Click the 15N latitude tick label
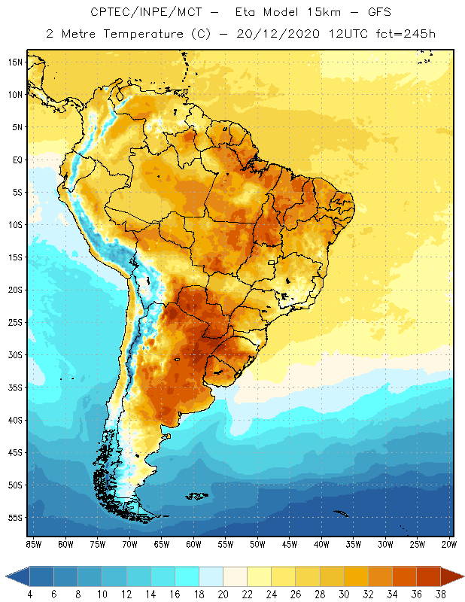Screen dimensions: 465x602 point(15,62)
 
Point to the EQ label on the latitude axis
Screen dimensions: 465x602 point(17,160)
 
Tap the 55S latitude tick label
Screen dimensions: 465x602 point(15,518)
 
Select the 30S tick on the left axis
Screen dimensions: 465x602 point(15,354)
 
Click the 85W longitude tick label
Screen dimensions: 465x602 point(33,544)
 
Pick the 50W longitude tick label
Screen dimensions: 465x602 point(257,544)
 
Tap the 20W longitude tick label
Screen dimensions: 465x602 point(449,544)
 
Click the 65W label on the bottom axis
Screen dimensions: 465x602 point(161,544)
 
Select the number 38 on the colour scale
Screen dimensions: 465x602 point(440,594)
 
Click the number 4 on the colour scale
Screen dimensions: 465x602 point(30,594)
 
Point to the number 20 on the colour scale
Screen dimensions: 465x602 point(223,594)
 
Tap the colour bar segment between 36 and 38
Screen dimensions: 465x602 point(428,576)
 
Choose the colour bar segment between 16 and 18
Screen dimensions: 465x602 point(187,576)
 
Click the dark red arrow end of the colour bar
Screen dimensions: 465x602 point(452,576)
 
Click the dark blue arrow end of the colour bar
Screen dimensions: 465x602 point(17,576)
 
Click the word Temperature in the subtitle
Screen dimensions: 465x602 point(143,34)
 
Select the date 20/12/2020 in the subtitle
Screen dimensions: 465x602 point(278,34)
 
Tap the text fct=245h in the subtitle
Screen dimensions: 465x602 point(406,34)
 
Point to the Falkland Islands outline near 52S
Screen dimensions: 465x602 point(198,496)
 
